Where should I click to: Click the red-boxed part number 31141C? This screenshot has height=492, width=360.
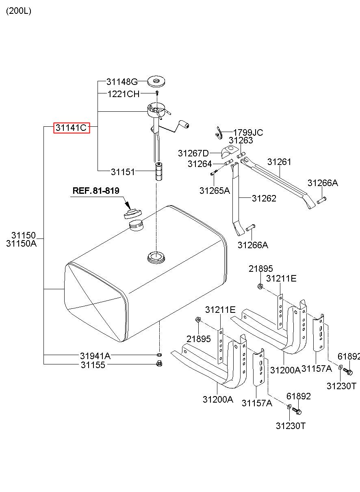click(x=72, y=128)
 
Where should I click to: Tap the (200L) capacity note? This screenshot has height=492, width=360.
click(x=19, y=11)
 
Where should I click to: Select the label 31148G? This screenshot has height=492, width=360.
click(x=122, y=82)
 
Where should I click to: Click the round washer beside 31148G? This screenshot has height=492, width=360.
click(x=156, y=81)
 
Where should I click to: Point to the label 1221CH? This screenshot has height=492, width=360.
click(x=124, y=94)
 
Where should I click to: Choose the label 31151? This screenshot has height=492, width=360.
click(x=123, y=172)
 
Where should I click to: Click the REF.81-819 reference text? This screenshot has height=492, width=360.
click(x=96, y=191)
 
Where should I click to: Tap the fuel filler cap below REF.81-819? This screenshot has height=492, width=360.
click(x=133, y=214)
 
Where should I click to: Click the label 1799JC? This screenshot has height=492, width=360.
click(x=248, y=132)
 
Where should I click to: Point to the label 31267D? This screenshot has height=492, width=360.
click(x=193, y=153)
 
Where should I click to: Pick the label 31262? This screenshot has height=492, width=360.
click(x=264, y=198)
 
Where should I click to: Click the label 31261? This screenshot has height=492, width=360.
click(x=279, y=162)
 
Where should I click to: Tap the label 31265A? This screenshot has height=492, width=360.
click(x=215, y=191)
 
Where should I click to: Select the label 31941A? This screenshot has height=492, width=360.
click(x=95, y=355)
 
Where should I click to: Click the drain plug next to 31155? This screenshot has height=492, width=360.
click(x=158, y=364)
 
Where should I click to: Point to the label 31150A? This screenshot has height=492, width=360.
click(x=21, y=243)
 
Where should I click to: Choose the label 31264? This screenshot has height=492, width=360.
click(x=200, y=164)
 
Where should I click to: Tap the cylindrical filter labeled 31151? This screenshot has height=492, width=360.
click(x=158, y=171)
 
